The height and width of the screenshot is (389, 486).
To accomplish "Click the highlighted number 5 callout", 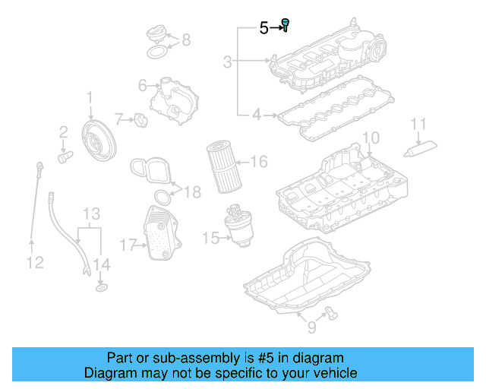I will (264, 29).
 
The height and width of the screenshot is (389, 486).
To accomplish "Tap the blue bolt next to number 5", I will (286, 25).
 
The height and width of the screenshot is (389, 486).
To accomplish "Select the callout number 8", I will (186, 40).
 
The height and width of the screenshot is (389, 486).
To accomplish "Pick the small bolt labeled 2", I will (65, 157).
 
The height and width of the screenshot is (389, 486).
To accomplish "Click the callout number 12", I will (34, 263).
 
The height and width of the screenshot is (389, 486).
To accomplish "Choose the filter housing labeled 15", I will (236, 228).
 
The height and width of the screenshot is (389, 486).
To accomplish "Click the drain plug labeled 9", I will (330, 308).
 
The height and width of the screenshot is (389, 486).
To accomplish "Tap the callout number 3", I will (227, 61).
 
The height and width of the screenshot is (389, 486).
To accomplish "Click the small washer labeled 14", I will (100, 289).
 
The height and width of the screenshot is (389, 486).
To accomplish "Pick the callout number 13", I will (91, 213).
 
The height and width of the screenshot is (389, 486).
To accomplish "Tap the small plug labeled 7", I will (140, 119).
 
